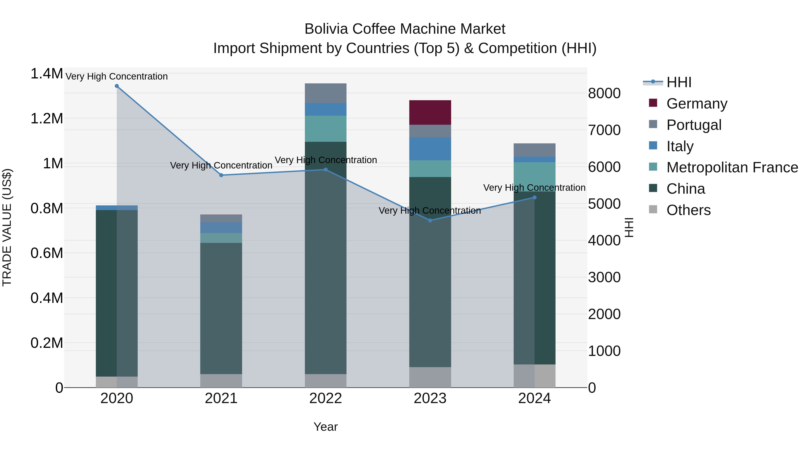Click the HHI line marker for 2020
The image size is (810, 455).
pos(117,86)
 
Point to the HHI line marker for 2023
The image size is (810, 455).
pos(430,220)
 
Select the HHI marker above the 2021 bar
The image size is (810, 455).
pos(221,175)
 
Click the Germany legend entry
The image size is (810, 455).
pos(696,103)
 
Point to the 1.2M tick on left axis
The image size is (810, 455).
pos(47,119)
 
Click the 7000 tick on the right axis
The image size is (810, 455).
pos(604,130)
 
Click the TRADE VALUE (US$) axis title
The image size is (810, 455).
pos(7,227)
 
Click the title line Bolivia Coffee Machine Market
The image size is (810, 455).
pos(405,29)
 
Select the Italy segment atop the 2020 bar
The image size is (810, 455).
pos(117,208)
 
